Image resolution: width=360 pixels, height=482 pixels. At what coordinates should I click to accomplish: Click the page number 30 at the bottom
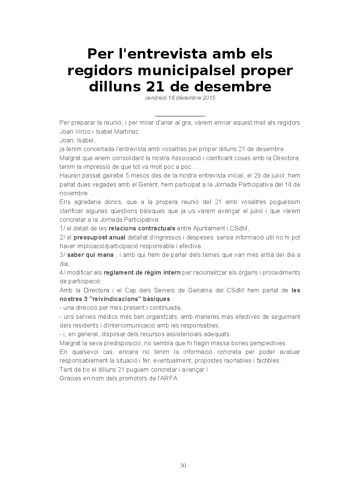pyautogui.click(x=183, y=466)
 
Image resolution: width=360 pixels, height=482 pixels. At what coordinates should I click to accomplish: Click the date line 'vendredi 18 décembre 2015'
pyautogui.click(x=180, y=98)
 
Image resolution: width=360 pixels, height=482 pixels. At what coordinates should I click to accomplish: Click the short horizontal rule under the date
pyautogui.click(x=180, y=116)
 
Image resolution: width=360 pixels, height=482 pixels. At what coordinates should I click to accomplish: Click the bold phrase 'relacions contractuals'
pyautogui.click(x=142, y=228)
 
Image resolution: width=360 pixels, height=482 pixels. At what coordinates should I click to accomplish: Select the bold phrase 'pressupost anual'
pyautogui.click(x=100, y=237)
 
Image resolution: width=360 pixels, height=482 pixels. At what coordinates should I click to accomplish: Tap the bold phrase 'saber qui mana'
pyautogui.click(x=90, y=255)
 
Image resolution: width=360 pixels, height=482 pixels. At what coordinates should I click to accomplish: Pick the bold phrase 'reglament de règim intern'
pyautogui.click(x=142, y=272)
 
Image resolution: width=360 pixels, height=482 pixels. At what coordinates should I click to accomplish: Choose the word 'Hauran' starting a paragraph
pyautogui.click(x=69, y=175)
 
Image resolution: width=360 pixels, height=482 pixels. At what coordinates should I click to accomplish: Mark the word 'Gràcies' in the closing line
pyautogui.click(x=70, y=378)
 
